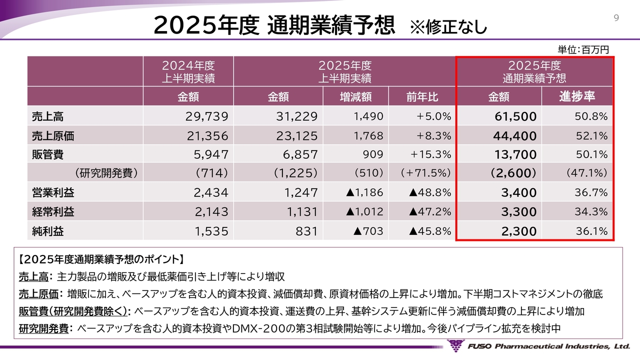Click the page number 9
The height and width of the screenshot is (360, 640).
pos(616,18)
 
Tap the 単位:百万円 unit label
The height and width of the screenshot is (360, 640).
pos(583,49)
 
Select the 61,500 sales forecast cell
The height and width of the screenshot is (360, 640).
pos(515,117)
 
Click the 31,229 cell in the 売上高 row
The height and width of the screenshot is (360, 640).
pos(296,116)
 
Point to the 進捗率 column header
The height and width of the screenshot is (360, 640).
pos(578,96)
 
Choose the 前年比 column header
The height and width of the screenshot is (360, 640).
pos(422,96)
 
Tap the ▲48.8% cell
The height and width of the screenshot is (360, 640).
pos(429,192)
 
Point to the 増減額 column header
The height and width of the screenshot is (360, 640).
pos(355,96)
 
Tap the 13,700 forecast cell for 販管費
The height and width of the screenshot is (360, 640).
pos(515,155)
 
